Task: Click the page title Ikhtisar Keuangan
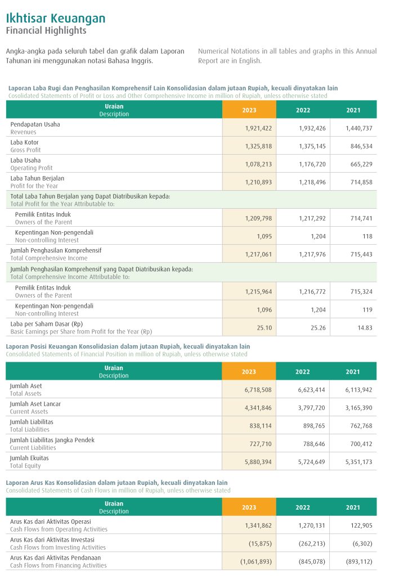[55, 19]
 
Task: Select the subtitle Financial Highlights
[46, 31]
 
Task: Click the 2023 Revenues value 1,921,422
[258, 128]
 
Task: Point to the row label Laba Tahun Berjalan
[37, 178]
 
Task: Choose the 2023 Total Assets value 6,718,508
[258, 390]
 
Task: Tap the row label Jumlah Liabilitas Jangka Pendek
[52, 440]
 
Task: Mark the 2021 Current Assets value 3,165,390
[358, 408]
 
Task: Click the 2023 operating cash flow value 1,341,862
[258, 525]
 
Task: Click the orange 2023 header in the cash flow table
[249, 507]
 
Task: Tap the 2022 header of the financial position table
[303, 372]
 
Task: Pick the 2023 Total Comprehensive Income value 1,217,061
[258, 254]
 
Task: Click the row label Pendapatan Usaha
[35, 124]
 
